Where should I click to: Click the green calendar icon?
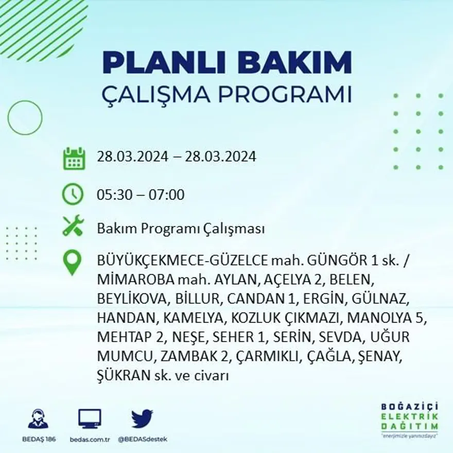(74, 159)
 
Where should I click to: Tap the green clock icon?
(73, 194)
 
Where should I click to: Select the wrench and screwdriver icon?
(73, 226)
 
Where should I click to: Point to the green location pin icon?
(72, 262)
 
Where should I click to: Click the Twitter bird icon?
(142, 419)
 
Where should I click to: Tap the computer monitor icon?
(90, 419)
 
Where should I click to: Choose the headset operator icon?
(38, 419)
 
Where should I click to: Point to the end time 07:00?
(167, 195)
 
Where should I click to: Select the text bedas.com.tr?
(90, 439)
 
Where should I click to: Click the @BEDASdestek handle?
(142, 439)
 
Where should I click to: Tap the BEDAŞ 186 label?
(38, 439)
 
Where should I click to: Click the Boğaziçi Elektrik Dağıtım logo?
(409, 419)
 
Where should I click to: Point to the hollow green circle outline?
(25, 118)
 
